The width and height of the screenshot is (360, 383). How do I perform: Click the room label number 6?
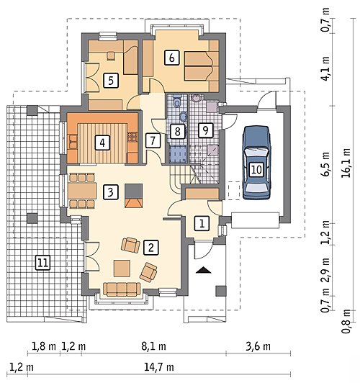coord(171,58)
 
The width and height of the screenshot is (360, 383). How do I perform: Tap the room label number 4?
coord(102,143)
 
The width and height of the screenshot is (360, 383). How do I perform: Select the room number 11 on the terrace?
coord(43,263)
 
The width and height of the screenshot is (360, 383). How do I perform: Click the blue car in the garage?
coord(256,163)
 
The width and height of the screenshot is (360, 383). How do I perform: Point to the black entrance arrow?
coord(203,270)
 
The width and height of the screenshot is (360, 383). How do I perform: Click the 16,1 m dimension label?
coord(346,163)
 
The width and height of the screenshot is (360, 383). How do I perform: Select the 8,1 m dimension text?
coord(154,346)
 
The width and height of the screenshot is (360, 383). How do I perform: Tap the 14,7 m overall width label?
coord(159,367)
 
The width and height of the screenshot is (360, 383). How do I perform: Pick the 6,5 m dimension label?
coord(325,164)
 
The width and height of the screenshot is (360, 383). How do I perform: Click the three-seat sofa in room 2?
coord(122,289)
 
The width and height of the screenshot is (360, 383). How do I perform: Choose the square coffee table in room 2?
coord(122,269)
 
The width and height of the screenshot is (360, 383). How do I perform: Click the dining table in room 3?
coord(82,191)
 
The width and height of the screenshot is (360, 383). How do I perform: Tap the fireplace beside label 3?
coord(133,196)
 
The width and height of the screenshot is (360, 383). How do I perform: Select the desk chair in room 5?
coord(111,55)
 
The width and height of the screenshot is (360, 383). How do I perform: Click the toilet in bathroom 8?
coord(177,101)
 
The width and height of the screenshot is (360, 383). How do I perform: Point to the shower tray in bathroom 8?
coord(178,154)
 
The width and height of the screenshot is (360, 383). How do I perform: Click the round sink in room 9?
coord(196,98)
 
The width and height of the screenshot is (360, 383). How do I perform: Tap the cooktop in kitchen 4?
coord(132,137)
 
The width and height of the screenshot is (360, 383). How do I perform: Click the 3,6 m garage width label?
coord(258,346)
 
